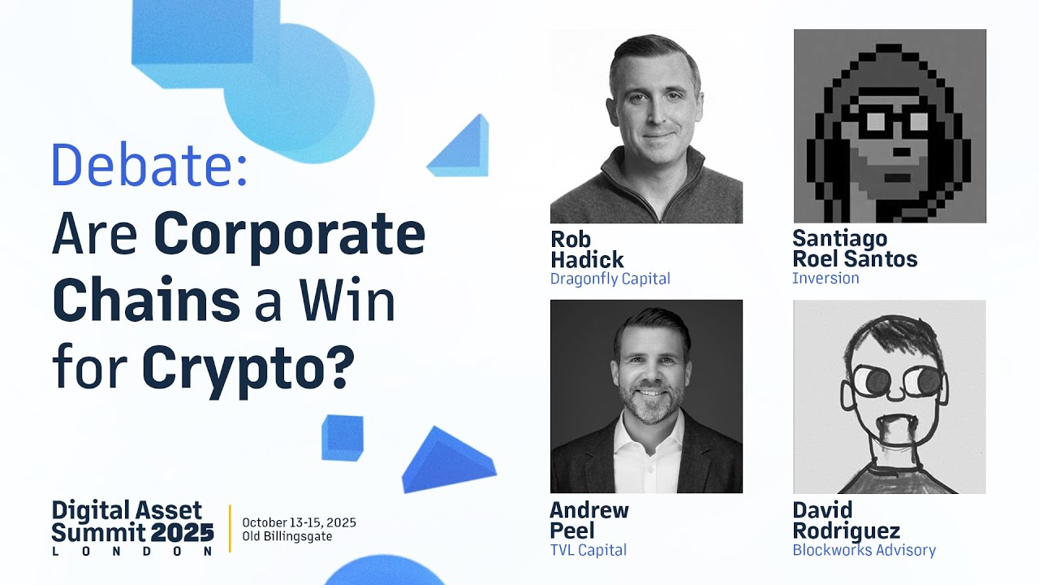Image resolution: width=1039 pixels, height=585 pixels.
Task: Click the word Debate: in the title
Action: [149, 165]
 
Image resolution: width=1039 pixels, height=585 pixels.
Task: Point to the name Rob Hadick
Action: [587, 249]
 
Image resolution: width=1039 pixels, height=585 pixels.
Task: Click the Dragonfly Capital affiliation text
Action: [610, 279]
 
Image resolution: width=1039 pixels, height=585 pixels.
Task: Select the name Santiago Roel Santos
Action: [854, 249]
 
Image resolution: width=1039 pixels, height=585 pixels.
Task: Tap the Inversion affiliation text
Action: [825, 279]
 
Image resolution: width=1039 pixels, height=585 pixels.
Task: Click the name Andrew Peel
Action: [588, 521]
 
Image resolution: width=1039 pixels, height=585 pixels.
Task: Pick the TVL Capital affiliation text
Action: [588, 550]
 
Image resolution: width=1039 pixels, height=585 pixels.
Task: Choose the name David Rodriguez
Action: [846, 521]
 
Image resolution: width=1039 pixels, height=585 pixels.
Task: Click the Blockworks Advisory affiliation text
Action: [864, 550]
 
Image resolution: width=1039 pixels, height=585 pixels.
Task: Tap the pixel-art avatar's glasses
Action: [891, 123]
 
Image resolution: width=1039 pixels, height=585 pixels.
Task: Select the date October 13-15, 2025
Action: [299, 522]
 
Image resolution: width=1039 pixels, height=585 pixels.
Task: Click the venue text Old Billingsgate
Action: [287, 536]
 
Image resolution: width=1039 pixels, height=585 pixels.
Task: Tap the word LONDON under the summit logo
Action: [132, 551]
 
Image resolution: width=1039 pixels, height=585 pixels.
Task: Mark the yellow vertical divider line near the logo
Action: [230, 528]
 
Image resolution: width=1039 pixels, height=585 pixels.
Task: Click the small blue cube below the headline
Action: [342, 436]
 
